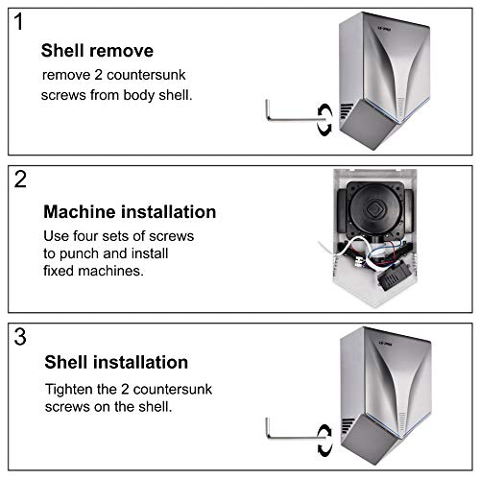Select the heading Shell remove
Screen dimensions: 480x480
pos(98,51)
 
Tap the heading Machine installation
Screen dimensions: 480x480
pos(131,212)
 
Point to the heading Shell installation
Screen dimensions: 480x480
pos(116,363)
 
